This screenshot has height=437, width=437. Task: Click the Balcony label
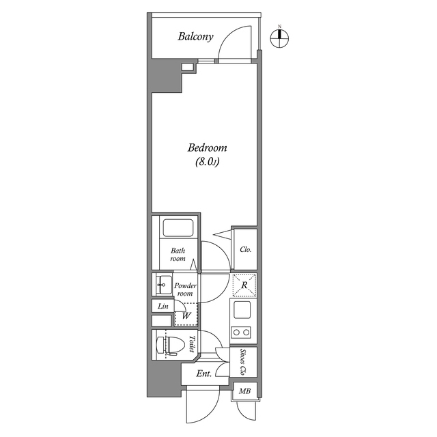point(197,36)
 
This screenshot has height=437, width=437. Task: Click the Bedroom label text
point(207,148)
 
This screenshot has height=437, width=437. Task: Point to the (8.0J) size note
point(207,163)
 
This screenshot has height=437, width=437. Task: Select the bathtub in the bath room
point(178,228)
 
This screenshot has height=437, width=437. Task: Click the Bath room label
point(178,255)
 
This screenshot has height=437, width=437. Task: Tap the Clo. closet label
point(245,250)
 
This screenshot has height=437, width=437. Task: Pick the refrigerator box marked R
point(244,285)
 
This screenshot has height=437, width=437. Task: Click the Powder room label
point(185,290)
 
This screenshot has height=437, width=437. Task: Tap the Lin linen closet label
point(163,307)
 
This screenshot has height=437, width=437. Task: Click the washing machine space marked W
point(186,315)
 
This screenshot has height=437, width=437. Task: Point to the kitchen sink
point(243,311)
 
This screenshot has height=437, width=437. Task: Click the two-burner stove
point(242,333)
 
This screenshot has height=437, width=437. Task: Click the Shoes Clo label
point(244,363)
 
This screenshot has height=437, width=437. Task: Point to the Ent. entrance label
point(203,373)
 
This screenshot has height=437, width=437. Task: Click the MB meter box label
point(244,392)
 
